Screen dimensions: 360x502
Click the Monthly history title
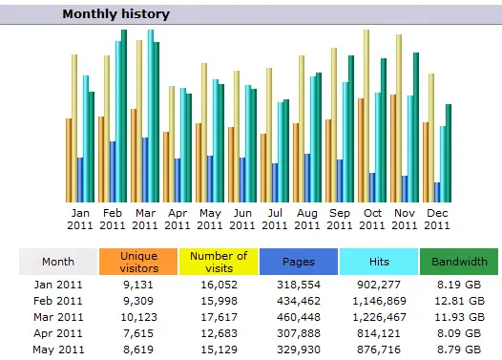coord(115,14)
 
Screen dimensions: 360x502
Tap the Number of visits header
coord(219,262)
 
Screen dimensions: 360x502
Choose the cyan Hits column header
coord(379,262)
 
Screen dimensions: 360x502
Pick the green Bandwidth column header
coord(459,262)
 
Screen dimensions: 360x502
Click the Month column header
coord(57,262)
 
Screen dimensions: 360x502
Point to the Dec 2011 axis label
coord(436,219)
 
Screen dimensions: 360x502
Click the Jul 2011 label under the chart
coord(274,219)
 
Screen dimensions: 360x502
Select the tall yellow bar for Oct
coord(366,115)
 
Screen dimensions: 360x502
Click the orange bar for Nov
coord(392,148)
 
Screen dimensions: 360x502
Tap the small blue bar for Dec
coord(437,192)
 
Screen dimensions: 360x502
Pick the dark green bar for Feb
coord(123,115)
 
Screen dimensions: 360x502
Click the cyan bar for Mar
coord(150,115)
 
